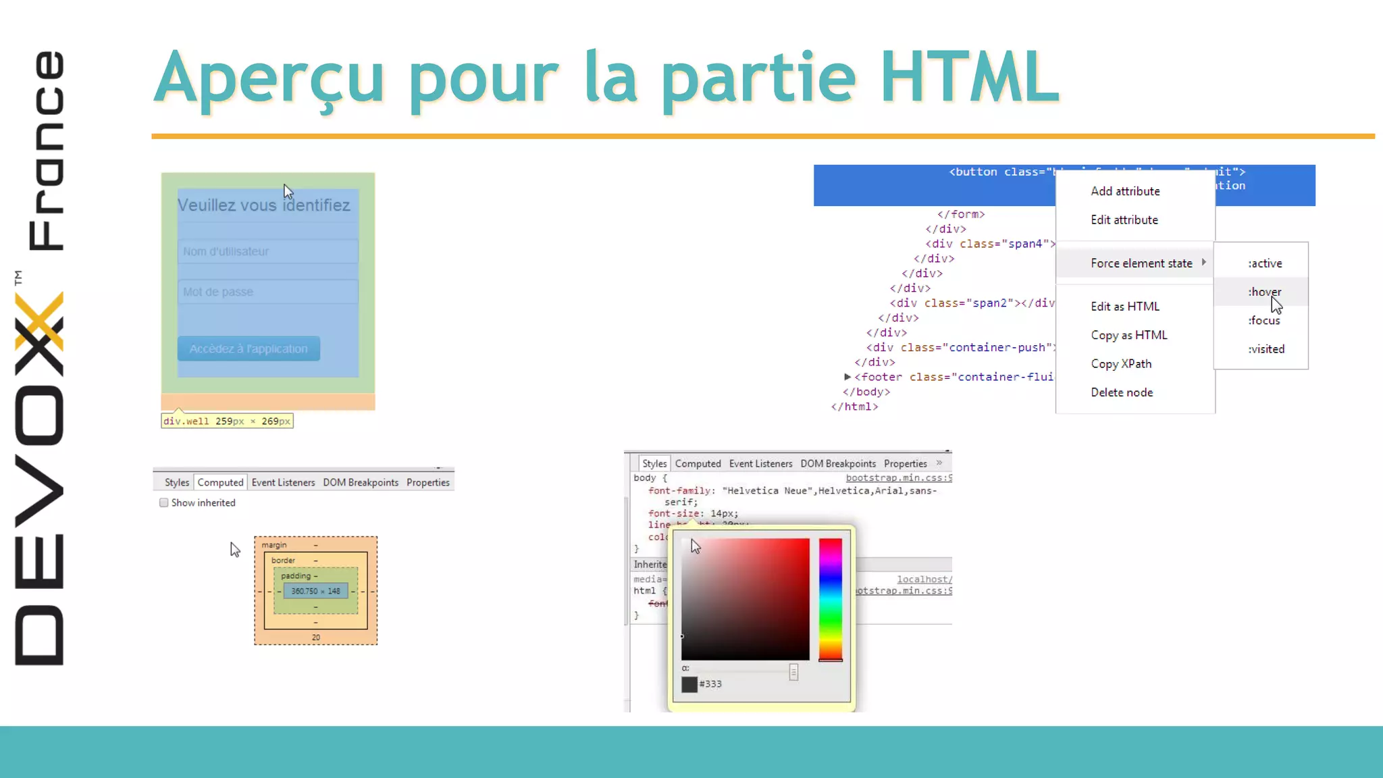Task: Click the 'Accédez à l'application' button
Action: pyautogui.click(x=249, y=348)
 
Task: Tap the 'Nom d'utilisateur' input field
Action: pyautogui.click(x=267, y=251)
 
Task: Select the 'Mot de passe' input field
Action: pyautogui.click(x=267, y=292)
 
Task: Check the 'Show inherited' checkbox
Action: pyautogui.click(x=163, y=502)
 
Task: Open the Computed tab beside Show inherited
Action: pyautogui.click(x=220, y=482)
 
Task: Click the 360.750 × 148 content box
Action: pyautogui.click(x=315, y=591)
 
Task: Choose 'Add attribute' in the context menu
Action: pyautogui.click(x=1125, y=191)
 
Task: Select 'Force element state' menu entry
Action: pyautogui.click(x=1141, y=263)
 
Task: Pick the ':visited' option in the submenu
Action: pyautogui.click(x=1265, y=349)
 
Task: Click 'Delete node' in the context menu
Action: pyautogui.click(x=1122, y=392)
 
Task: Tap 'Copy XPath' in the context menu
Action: pyautogui.click(x=1121, y=364)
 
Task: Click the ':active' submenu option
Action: pyautogui.click(x=1264, y=263)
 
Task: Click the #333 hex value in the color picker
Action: pyautogui.click(x=710, y=684)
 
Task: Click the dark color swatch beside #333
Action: pyautogui.click(x=689, y=684)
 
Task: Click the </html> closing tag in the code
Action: pyautogui.click(x=854, y=407)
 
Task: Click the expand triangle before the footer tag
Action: pyautogui.click(x=847, y=377)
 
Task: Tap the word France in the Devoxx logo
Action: pyautogui.click(x=46, y=150)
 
